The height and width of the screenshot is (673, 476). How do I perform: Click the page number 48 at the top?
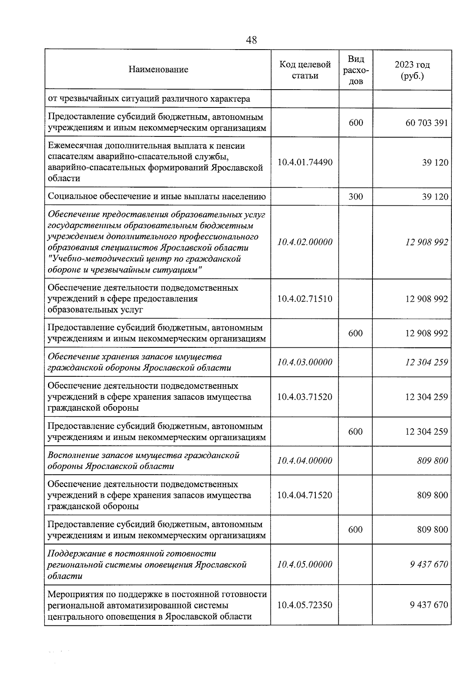click(x=251, y=40)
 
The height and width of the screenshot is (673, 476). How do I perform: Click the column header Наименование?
click(x=158, y=70)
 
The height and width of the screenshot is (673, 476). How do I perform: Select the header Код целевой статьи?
click(x=305, y=70)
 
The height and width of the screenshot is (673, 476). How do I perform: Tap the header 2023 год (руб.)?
click(x=412, y=70)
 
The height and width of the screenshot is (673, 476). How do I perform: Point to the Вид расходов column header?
click(x=356, y=70)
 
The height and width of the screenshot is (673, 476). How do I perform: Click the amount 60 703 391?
click(x=426, y=123)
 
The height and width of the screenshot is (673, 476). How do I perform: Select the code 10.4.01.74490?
click(x=305, y=162)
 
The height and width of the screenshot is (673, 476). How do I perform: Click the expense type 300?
click(x=355, y=196)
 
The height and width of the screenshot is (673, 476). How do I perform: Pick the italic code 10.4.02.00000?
click(x=305, y=242)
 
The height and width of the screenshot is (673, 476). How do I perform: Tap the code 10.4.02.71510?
click(x=305, y=299)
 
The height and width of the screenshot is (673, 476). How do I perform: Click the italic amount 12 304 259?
click(x=426, y=362)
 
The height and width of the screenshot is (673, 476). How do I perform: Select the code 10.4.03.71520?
click(x=305, y=397)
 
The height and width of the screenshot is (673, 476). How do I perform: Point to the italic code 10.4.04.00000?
click(x=305, y=460)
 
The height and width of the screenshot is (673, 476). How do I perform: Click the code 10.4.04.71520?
click(x=305, y=495)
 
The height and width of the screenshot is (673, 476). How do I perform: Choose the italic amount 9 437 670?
click(x=429, y=564)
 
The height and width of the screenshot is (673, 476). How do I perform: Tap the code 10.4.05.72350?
click(x=305, y=605)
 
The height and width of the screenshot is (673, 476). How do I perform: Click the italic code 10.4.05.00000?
click(x=305, y=564)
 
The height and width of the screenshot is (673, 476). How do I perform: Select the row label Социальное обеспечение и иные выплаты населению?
click(x=156, y=196)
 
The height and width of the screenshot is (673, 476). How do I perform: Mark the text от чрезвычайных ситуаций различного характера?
click(x=149, y=99)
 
